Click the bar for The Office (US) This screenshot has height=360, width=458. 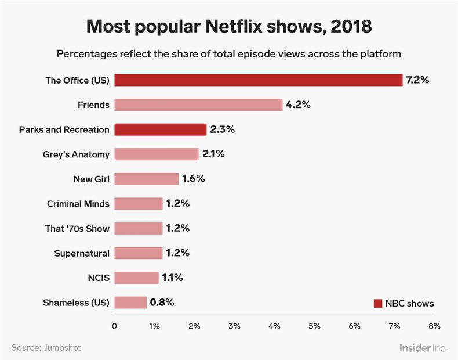click(258, 80)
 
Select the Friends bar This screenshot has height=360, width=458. click(198, 105)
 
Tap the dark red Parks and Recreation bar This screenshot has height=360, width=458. click(161, 129)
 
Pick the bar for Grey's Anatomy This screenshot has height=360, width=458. click(157, 154)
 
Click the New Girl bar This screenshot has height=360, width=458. click(147, 179)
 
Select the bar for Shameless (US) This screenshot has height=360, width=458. click(130, 303)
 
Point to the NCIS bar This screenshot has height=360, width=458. click(136, 278)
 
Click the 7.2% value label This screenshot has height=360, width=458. click(417, 80)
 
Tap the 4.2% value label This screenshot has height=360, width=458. click(298, 105)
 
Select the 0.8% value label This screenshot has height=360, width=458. click(162, 303)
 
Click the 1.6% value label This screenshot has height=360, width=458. click(194, 179)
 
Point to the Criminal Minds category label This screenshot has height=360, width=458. click(78, 204)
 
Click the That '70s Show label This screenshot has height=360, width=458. click(77, 228)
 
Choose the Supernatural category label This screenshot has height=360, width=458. click(82, 253)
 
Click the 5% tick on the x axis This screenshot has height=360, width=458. click(314, 326)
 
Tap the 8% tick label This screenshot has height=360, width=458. click(434, 326)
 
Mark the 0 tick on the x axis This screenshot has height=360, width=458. click(115, 326)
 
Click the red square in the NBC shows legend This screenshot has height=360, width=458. click(378, 303)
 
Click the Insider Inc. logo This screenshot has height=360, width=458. click(423, 347)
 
